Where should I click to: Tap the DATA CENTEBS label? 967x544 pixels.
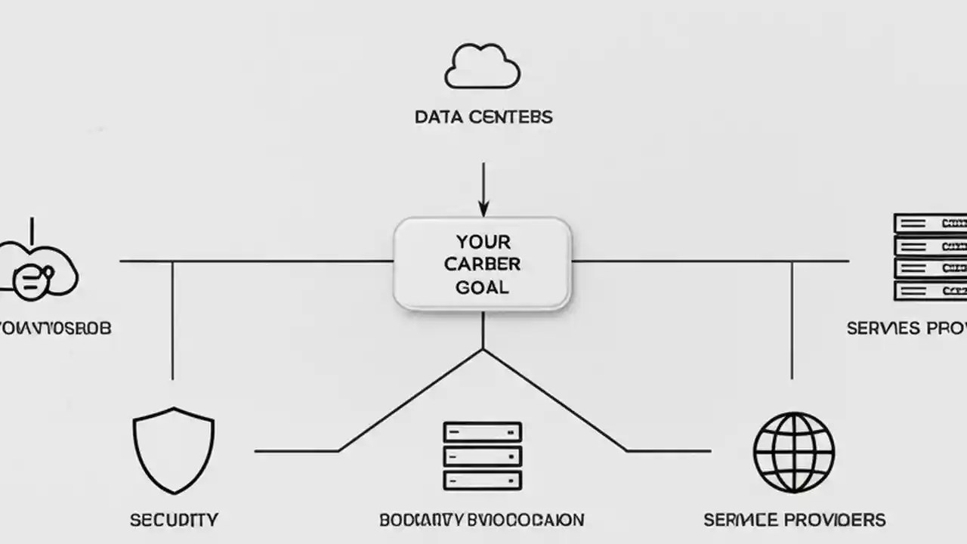483,117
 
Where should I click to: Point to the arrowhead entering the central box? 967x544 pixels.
483,209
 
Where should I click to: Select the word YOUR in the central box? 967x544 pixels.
483,243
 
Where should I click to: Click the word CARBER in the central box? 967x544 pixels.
483,264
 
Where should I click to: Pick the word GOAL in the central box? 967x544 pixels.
483,287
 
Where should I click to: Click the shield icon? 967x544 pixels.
174,450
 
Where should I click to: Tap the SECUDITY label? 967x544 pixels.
174,520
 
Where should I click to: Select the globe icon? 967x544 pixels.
793,453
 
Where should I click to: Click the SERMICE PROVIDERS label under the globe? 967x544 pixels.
795,520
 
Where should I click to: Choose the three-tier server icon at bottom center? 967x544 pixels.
483,456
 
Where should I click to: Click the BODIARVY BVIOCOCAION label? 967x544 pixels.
482,520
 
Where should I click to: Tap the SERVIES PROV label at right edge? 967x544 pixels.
907,328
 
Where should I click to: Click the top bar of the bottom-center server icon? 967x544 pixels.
483,431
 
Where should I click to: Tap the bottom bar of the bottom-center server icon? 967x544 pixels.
483,480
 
